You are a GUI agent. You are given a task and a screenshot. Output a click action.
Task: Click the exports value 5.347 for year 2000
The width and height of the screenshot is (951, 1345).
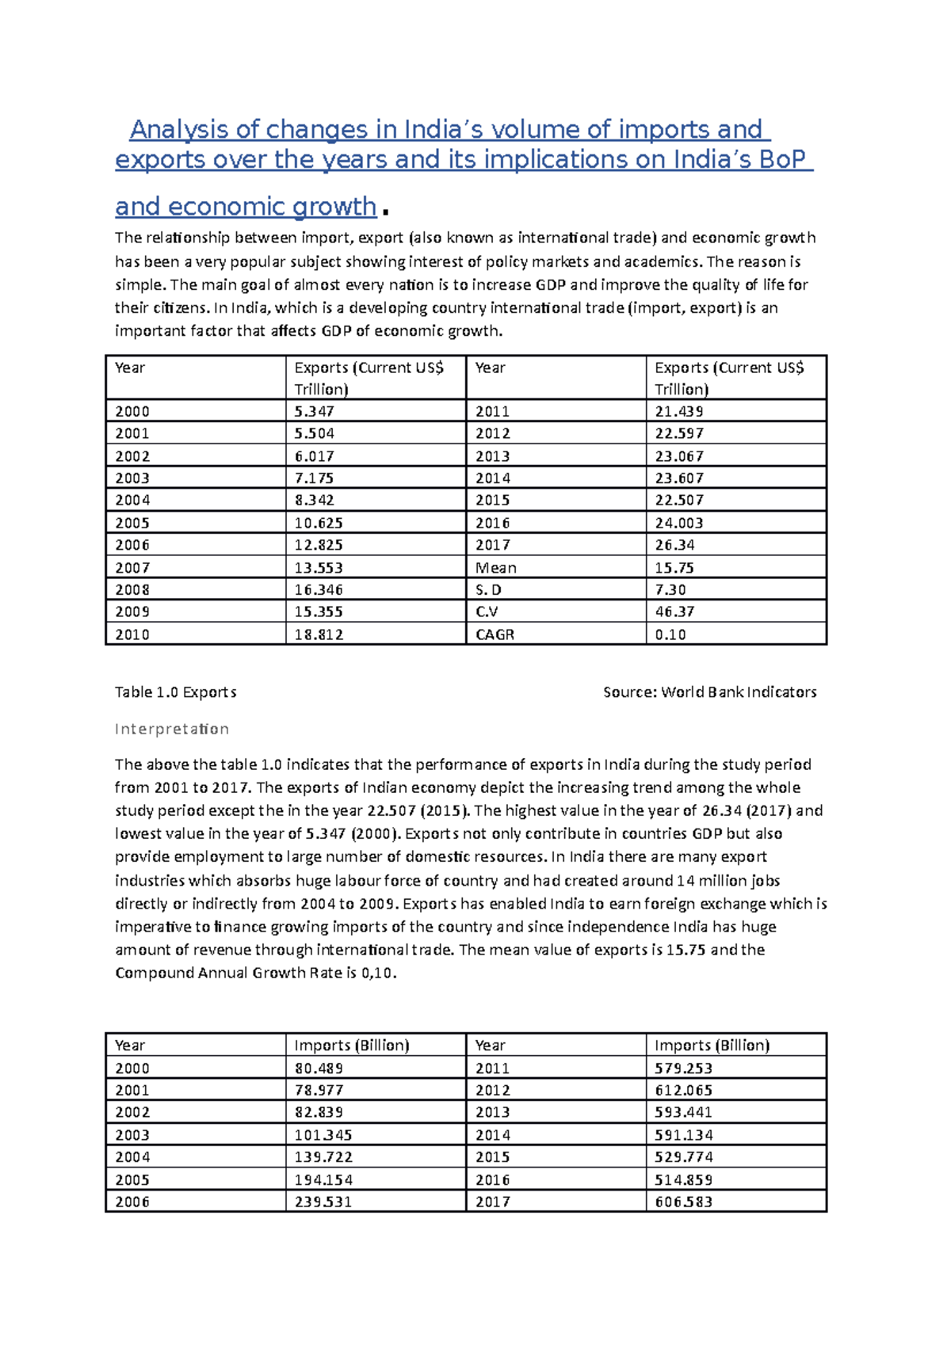point(314,411)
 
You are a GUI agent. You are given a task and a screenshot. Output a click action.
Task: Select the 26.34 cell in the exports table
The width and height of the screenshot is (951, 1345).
point(674,545)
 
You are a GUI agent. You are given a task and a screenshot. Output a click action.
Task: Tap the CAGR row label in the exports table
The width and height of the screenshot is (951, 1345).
point(495,634)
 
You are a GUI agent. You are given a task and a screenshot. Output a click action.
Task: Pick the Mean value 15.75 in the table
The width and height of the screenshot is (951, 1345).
point(674,568)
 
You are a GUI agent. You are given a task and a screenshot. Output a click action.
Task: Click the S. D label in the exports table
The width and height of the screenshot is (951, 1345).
point(488,590)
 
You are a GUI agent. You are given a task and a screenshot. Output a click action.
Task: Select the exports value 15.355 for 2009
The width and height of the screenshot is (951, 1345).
point(318,612)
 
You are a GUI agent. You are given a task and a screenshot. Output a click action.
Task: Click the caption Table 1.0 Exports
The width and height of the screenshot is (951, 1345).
point(175,692)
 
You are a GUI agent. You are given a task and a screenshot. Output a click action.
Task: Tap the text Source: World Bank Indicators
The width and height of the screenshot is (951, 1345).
point(709,692)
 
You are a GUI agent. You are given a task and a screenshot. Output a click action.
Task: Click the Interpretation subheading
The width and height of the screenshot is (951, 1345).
point(172,729)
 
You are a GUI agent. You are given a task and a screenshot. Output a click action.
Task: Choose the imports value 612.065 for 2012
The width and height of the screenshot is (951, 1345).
point(683,1091)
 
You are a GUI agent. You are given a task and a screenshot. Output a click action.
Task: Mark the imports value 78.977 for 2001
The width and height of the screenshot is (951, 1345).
point(319,1091)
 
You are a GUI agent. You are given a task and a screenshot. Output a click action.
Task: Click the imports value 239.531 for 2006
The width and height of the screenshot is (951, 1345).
point(323,1202)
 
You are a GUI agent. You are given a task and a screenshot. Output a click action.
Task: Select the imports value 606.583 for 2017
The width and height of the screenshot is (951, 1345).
point(683,1202)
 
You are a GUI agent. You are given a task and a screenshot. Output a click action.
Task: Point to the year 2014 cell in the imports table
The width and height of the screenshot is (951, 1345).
point(492,1135)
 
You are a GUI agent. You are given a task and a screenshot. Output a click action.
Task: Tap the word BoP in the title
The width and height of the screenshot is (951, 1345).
point(782,160)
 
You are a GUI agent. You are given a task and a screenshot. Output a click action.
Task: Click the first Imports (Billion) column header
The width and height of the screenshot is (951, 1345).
point(351,1046)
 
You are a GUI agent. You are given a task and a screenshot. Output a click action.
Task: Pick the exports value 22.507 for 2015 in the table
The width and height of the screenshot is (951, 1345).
point(678,501)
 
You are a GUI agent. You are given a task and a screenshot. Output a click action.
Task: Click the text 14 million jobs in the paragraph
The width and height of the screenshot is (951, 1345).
point(728,881)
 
